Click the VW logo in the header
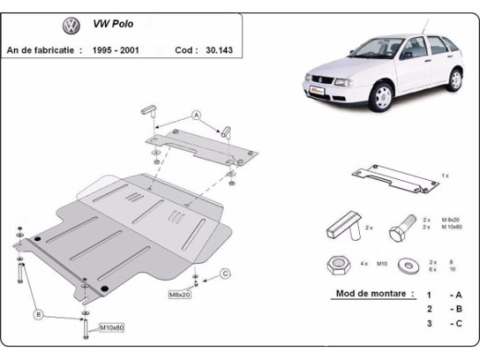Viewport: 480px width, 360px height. pyautogui.click(x=70, y=26)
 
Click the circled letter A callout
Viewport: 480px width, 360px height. pyautogui.click(x=196, y=114)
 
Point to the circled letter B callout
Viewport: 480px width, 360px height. pyautogui.click(x=39, y=315)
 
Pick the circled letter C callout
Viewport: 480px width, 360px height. pyautogui.click(x=224, y=273)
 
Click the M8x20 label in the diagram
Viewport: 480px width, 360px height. pyautogui.click(x=180, y=294)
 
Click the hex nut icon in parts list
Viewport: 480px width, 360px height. pyautogui.click(x=335, y=264)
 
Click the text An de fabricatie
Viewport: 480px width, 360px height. pyautogui.click(x=42, y=50)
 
